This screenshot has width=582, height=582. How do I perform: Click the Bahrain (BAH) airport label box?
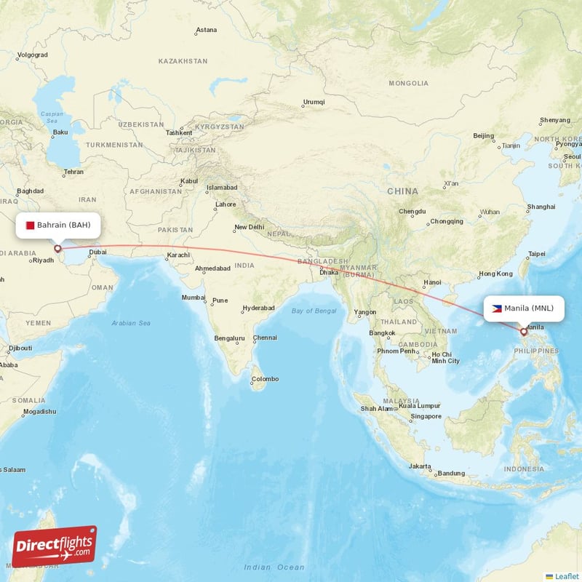pyautogui.click(x=58, y=225)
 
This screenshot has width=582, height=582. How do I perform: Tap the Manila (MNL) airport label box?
pyautogui.click(x=523, y=308)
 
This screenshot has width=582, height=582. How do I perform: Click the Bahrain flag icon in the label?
pyautogui.click(x=30, y=225)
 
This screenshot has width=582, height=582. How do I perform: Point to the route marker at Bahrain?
pyautogui.click(x=57, y=249)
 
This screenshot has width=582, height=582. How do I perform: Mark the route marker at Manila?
pyautogui.click(x=523, y=332)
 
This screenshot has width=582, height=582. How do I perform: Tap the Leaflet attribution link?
pyautogui.click(x=566, y=575)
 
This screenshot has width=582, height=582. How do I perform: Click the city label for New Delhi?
pyautogui.click(x=249, y=227)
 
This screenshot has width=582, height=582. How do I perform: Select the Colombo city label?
pyautogui.click(x=265, y=378)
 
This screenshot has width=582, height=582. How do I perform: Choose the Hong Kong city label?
pyautogui.click(x=495, y=274)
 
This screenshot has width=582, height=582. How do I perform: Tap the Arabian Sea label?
pyautogui.click(x=131, y=322)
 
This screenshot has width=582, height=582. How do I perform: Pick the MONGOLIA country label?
pyautogui.click(x=409, y=84)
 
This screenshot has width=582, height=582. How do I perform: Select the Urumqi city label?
pyautogui.click(x=314, y=102)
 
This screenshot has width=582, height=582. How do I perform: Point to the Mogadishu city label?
pyautogui.click(x=39, y=412)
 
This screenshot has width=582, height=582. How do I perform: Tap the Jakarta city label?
pyautogui.click(x=420, y=466)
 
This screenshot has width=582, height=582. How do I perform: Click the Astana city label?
pyautogui.click(x=206, y=30)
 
